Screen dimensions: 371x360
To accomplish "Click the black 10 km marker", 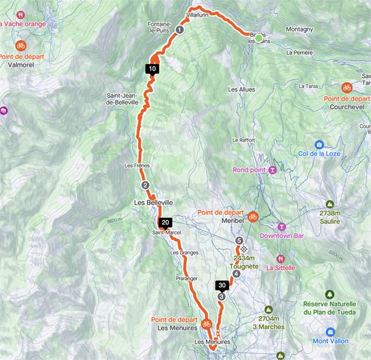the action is pos(152,68).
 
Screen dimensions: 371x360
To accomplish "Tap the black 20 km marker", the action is pos(165,222).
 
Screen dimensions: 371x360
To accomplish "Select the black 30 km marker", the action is pos(222,285).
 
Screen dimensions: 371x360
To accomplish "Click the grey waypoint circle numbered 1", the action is pos(179,30).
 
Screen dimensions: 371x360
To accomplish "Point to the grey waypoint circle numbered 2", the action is pos(145,186).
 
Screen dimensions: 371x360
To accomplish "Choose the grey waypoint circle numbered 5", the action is pos(239,240).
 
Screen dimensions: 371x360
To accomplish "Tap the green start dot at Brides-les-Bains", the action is pos(259,38).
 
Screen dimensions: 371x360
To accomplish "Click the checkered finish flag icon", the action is pos(244,248).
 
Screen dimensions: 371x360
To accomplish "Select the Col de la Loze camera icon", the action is pos(319,145).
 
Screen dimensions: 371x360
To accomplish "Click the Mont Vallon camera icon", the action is pos(331,331).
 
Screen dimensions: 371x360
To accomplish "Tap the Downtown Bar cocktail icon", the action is pos(282,226).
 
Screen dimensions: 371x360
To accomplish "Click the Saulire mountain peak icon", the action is pos(330,205).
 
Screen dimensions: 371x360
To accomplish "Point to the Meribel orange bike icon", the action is pos(252,216).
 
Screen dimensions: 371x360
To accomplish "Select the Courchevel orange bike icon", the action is pos(347,88).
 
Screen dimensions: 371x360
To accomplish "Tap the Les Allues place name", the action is pos(241,90).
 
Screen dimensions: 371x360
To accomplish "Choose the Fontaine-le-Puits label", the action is pos(159,27).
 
